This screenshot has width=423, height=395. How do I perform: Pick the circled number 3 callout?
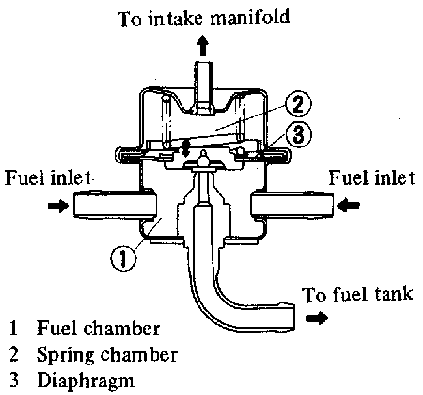(x=298, y=135)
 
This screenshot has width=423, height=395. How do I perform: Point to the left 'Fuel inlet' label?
(x=49, y=177)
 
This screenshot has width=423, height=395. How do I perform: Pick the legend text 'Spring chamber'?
(x=105, y=355)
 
